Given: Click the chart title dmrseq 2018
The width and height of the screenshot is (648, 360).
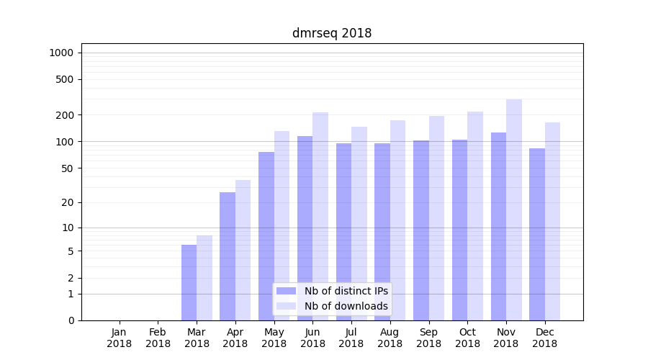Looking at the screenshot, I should (x=332, y=33).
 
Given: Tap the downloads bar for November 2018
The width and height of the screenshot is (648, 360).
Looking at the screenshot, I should (x=513, y=210).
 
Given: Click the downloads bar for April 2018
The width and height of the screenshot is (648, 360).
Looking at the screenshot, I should (x=243, y=250).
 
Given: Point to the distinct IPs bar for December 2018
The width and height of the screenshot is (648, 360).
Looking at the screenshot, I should (x=537, y=234).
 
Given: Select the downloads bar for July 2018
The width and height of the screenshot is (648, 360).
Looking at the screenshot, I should (x=359, y=223).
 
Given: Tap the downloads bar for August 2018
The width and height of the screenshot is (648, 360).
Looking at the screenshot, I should (x=398, y=220).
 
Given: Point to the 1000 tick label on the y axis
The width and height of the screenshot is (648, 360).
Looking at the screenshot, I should (x=61, y=53).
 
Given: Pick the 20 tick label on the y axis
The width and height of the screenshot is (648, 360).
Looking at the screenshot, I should (x=68, y=202).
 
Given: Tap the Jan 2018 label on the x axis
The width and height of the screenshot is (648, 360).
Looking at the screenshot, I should (x=120, y=338).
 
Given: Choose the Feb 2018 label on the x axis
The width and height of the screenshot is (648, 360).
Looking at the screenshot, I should (x=158, y=338).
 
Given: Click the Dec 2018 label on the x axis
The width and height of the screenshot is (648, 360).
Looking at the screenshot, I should (x=545, y=338).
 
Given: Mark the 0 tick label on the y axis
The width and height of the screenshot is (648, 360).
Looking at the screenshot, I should (x=71, y=320).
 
